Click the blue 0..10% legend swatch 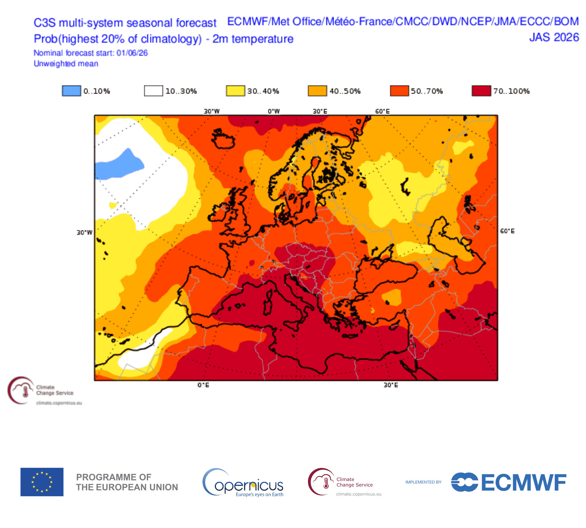pyautogui.click(x=71, y=91)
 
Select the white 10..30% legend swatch pyautogui.click(x=153, y=91)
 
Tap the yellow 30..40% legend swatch pyautogui.click(x=235, y=91)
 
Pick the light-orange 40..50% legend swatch pyautogui.click(x=317, y=91)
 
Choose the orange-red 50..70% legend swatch pyautogui.click(x=399, y=91)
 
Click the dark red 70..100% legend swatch pyautogui.click(x=481, y=91)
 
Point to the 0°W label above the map pyautogui.click(x=274, y=111)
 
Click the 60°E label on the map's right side pyautogui.click(x=507, y=231)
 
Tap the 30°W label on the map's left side pyautogui.click(x=84, y=233)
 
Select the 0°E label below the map pyautogui.click(x=203, y=385)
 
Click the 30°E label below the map pyautogui.click(x=391, y=385)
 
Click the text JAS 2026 pyautogui.click(x=554, y=38)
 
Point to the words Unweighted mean pyautogui.click(x=66, y=64)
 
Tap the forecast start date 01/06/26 pyautogui.click(x=132, y=53)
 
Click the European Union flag pyautogui.click(x=42, y=482)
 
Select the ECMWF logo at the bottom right pyautogui.click(x=509, y=482)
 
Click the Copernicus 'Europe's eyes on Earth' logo pyautogui.click(x=243, y=483)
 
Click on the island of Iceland pyautogui.click(x=224, y=139)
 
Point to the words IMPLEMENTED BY pyautogui.click(x=423, y=482)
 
